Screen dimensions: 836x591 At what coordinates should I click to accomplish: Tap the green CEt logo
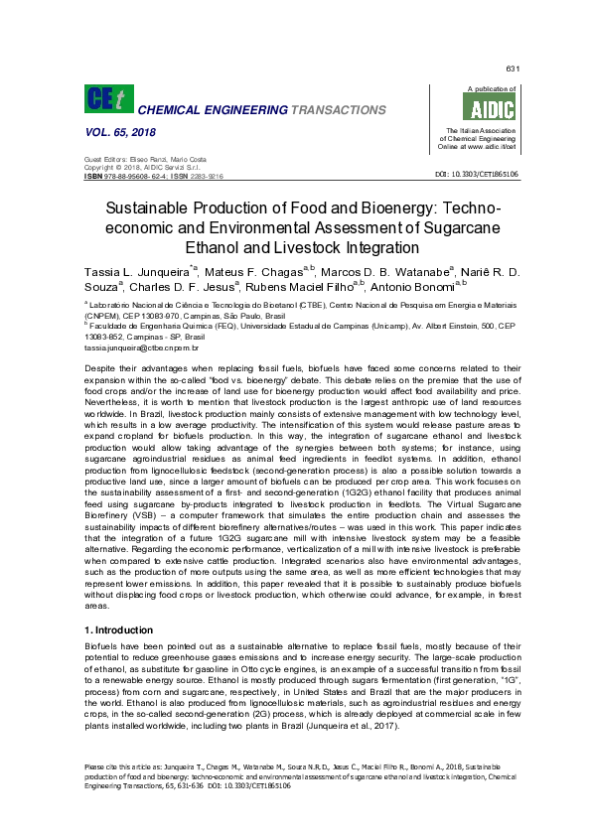click(x=105, y=99)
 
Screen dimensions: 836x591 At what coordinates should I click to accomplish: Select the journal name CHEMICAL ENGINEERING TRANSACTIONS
click(x=255, y=108)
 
